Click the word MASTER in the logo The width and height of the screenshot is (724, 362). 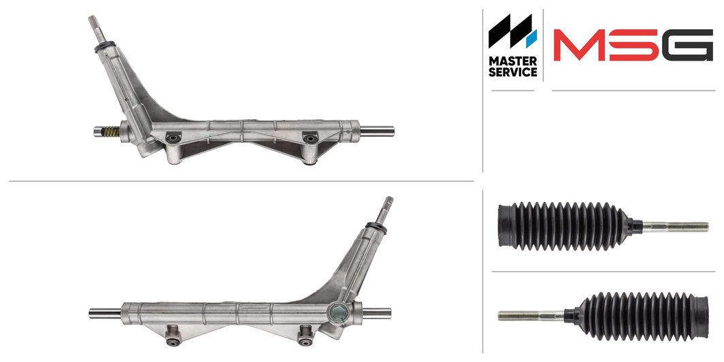coord(512,61)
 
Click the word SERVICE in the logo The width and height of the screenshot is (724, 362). coord(512,72)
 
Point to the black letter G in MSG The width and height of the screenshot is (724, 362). coord(687,45)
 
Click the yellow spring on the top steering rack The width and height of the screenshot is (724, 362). coord(111,131)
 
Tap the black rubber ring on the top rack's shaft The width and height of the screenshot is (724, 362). coord(105,47)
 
